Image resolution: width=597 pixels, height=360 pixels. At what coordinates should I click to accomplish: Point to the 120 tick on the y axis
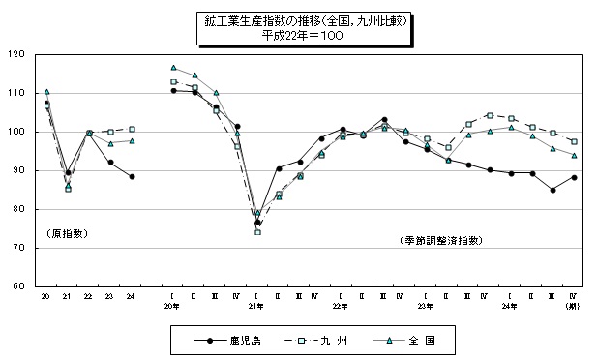point(19,54)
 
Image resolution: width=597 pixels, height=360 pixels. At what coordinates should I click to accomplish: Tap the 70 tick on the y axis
point(21,248)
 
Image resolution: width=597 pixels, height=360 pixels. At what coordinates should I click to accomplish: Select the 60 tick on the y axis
point(21,286)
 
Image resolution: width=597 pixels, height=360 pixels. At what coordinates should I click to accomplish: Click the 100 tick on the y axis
point(19,132)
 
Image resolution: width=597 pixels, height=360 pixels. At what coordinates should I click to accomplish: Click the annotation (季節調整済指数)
point(438,239)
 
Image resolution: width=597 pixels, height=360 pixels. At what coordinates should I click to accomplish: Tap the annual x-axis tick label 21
point(68,296)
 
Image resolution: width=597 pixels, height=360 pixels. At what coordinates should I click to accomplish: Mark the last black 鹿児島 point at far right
point(574,177)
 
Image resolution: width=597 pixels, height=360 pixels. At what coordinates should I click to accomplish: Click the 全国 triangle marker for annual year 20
point(46,92)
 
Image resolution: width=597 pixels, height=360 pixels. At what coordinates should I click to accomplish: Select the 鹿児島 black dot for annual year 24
point(132,176)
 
